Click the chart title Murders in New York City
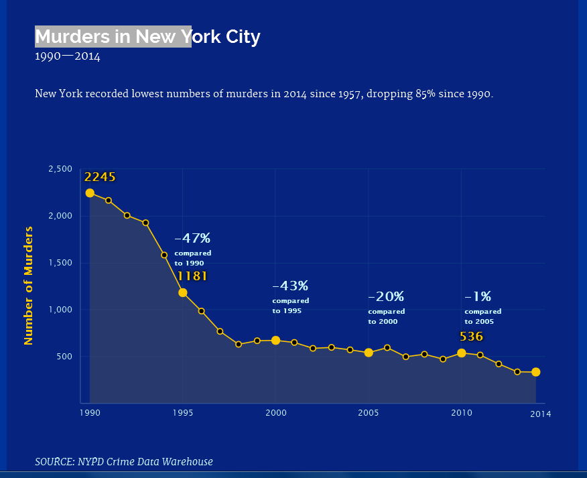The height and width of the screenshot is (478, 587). (x=147, y=36)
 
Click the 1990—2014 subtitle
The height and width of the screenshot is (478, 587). (x=67, y=57)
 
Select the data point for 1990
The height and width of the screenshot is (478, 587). (x=90, y=193)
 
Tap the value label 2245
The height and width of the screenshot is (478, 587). (x=100, y=177)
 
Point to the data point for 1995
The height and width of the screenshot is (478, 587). (x=183, y=292)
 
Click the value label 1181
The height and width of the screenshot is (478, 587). (x=192, y=276)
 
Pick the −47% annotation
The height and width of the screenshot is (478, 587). (x=192, y=238)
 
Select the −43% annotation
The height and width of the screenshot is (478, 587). (x=290, y=286)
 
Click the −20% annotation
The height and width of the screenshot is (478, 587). (x=386, y=296)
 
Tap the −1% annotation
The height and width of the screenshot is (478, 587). (x=478, y=296)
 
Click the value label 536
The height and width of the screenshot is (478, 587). (x=471, y=337)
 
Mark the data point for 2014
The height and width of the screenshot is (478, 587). (x=536, y=372)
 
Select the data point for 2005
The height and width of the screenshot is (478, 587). (x=369, y=353)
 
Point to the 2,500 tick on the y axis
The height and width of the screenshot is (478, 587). (x=61, y=169)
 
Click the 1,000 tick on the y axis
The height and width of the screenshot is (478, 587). (x=61, y=310)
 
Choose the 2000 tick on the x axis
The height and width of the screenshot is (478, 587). (x=275, y=414)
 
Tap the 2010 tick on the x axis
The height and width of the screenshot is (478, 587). (x=461, y=414)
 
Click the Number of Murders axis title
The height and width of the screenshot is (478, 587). (x=28, y=286)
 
